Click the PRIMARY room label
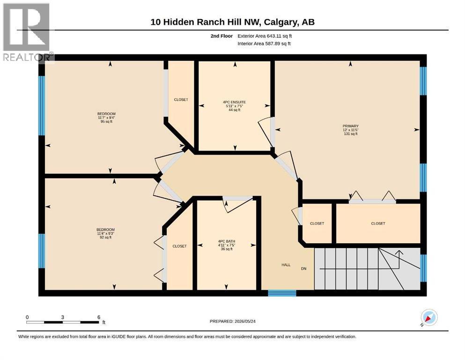coord(351,126)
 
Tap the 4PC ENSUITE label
coord(234,102)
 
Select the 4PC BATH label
coord(227,241)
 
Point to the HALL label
coord(286,265)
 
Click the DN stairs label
coord(303,269)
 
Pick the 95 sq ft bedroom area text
coord(106,121)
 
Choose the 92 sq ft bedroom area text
coord(105,237)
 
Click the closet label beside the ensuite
coord(181,100)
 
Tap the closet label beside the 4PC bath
coord(179,246)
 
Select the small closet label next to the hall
coord(317,224)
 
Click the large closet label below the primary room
coord(378,224)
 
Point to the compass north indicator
coord(429,317)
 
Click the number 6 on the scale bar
coord(99,317)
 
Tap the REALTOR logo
coord(27,32)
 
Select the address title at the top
coord(232,22)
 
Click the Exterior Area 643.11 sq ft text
coord(265,36)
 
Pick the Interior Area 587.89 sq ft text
coord(264,44)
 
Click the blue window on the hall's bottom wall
coord(282,293)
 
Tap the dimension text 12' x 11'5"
coord(351,130)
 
